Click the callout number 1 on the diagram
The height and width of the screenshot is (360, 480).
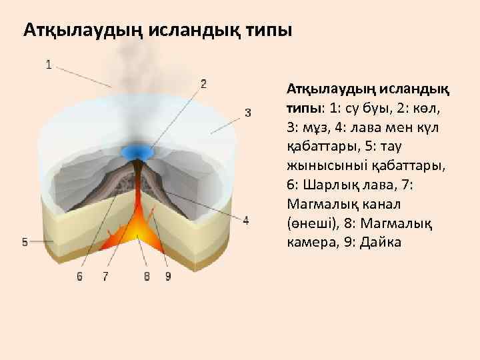[49, 65]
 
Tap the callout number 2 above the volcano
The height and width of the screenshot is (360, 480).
[203, 84]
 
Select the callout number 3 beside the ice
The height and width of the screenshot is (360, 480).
[248, 112]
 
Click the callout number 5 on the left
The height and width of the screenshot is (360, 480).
[25, 243]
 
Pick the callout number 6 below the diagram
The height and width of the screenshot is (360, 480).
[79, 276]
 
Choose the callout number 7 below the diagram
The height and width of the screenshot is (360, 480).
[106, 276]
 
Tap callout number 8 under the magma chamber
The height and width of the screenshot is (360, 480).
[147, 276]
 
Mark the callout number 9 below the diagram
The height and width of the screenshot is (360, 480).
[167, 276]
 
